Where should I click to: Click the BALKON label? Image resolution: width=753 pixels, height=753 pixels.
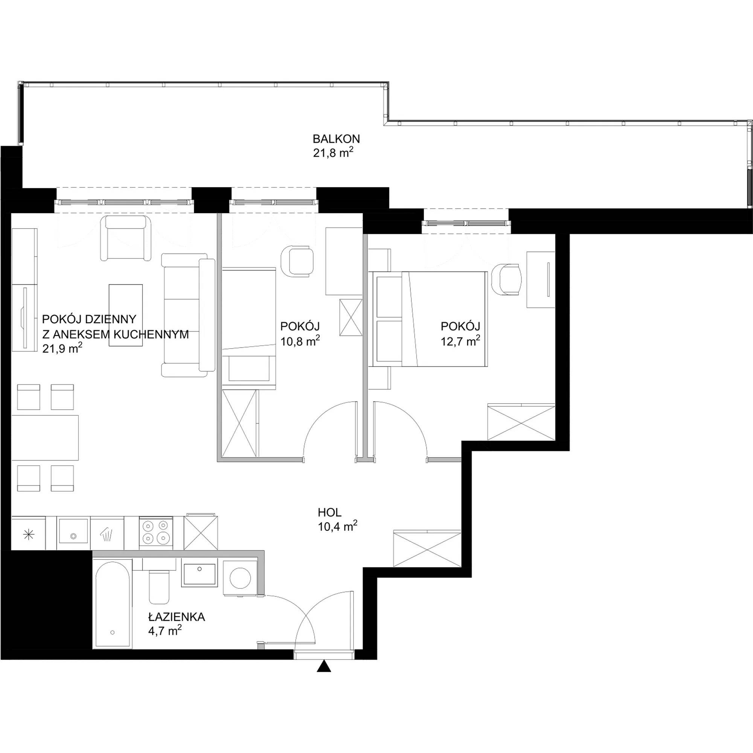click(x=336, y=139)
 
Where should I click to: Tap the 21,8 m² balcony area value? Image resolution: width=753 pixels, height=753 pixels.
click(x=333, y=152)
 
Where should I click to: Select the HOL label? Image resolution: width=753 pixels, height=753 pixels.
click(x=330, y=512)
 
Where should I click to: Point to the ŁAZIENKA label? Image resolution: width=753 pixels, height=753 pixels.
click(x=177, y=617)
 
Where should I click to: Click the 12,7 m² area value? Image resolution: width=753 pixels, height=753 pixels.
click(x=460, y=341)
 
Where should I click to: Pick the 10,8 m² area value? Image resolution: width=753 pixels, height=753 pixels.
click(x=300, y=341)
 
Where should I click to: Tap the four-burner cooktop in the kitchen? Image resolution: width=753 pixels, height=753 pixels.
click(x=156, y=532)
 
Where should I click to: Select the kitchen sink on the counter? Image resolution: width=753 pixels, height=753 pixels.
click(x=73, y=530)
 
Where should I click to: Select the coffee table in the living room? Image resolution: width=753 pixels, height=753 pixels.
click(x=125, y=315)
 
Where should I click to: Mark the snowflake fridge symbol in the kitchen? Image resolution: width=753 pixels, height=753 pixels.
click(x=29, y=535)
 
